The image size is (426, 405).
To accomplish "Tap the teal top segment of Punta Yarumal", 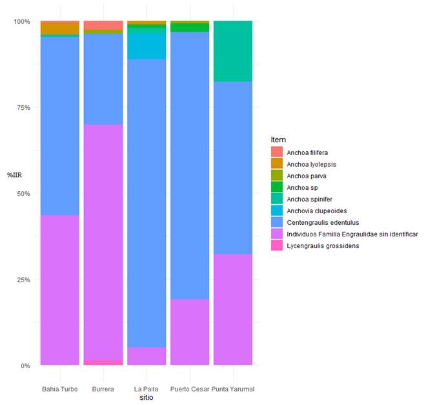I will coord(233,51).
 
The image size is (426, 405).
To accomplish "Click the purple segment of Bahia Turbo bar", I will coord(60,290).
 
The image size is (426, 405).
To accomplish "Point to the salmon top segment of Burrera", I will coord(103,25).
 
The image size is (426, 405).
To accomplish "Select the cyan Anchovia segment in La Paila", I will coord(147,45).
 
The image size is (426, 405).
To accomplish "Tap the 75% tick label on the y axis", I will coord(22,107).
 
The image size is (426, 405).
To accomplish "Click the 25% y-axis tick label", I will coord(22,280).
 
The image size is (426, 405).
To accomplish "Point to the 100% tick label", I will coord(22,21).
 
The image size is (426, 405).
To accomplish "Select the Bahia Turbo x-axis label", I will coord(60,389).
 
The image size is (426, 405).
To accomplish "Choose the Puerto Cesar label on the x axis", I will coord(190,389).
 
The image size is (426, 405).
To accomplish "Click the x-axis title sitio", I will coord(147,398).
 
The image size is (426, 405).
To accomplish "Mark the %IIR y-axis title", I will coord(15,175).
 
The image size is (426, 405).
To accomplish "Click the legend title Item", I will coord(278,140).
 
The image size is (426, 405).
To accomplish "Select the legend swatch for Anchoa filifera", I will coord(277,152).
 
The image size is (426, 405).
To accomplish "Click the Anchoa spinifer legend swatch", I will coord(277,199).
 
